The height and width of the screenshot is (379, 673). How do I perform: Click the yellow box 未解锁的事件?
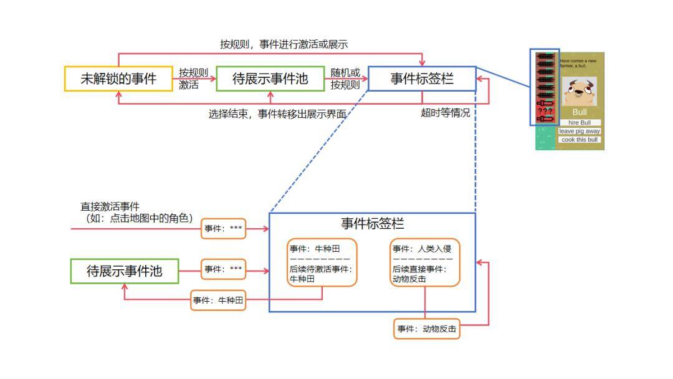click(x=118, y=79)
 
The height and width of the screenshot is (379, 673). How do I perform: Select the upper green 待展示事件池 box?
click(x=270, y=79)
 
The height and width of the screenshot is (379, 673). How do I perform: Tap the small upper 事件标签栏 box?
click(x=422, y=79)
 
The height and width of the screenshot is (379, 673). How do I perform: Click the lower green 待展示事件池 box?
click(x=124, y=271)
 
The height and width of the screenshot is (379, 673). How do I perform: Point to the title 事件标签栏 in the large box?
click(x=372, y=224)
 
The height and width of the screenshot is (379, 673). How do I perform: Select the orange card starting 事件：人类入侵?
click(x=425, y=262)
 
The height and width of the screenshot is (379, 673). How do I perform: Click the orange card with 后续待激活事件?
click(x=322, y=262)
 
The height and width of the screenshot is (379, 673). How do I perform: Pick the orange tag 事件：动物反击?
click(x=427, y=329)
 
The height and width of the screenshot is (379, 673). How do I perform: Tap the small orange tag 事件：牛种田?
click(x=218, y=300)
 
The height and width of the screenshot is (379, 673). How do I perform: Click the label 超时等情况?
click(x=446, y=113)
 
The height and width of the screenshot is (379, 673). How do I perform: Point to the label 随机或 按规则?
click(x=345, y=79)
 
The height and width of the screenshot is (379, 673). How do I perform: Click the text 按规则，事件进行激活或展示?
click(x=284, y=44)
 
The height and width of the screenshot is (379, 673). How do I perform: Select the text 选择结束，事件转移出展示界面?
click(x=277, y=114)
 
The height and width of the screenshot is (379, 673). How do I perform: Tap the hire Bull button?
click(x=580, y=123)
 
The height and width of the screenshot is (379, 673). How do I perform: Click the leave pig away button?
click(x=580, y=131)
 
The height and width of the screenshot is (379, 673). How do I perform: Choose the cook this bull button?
click(x=580, y=140)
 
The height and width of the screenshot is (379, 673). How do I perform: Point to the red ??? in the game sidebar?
click(x=545, y=110)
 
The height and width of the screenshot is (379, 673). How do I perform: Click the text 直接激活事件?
click(x=110, y=207)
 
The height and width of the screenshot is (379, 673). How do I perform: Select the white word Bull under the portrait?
click(x=580, y=112)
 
